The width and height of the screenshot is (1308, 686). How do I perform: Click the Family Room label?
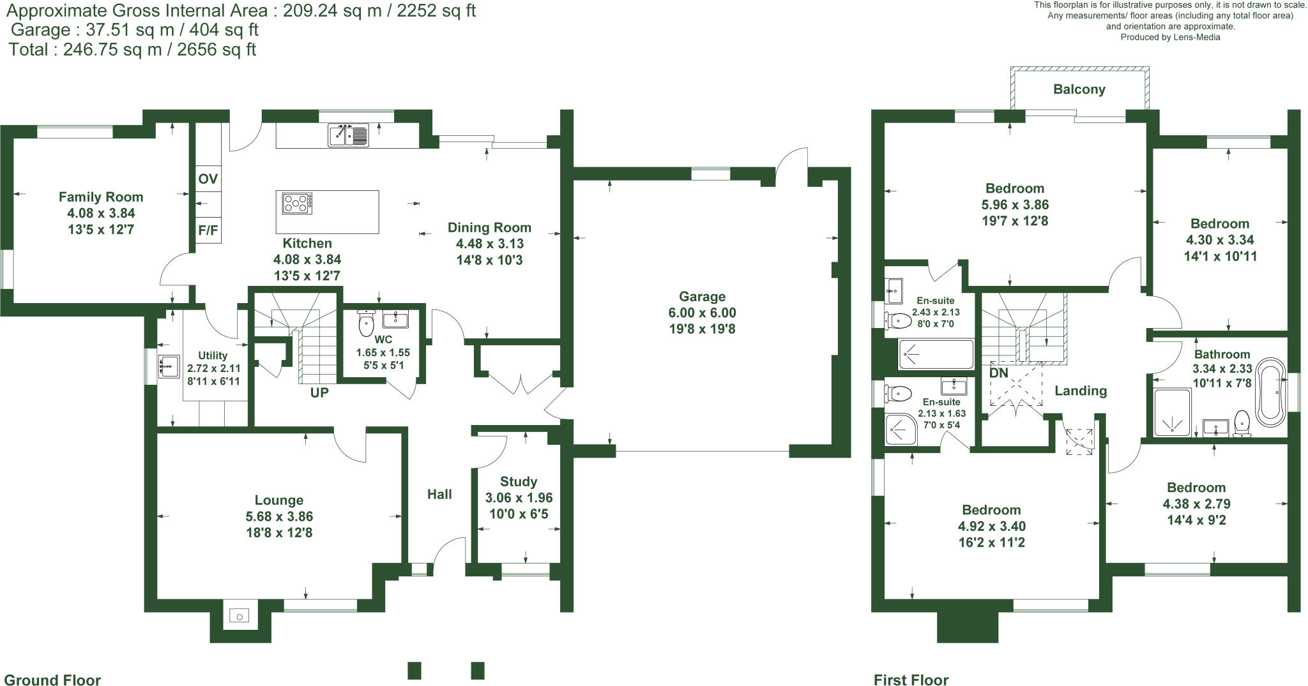coord(101,197)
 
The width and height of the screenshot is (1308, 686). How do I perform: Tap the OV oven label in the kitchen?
coord(208,179)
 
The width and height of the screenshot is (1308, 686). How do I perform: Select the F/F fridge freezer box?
coord(208,230)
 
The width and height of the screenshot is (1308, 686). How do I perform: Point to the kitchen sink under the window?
coord(348,135)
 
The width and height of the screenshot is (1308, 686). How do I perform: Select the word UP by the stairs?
coord(319,393)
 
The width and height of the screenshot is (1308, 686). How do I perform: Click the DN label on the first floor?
coord(999,373)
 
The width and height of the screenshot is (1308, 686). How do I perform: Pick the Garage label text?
coord(702,297)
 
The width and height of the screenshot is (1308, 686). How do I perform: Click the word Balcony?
coord(1079,89)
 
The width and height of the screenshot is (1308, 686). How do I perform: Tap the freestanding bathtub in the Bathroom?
coord(1270,392)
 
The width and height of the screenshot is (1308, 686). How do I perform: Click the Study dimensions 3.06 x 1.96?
coord(519,498)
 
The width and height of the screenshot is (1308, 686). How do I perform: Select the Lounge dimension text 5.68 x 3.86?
coord(279,516)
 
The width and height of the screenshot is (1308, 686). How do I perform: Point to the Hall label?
coord(439,494)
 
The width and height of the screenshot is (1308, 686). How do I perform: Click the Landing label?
coord(1080,391)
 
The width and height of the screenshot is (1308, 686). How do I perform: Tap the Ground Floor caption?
coord(52,680)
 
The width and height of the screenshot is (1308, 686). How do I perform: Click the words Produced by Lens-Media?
coord(1170,37)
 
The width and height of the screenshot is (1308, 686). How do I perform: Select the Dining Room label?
coord(489,228)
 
